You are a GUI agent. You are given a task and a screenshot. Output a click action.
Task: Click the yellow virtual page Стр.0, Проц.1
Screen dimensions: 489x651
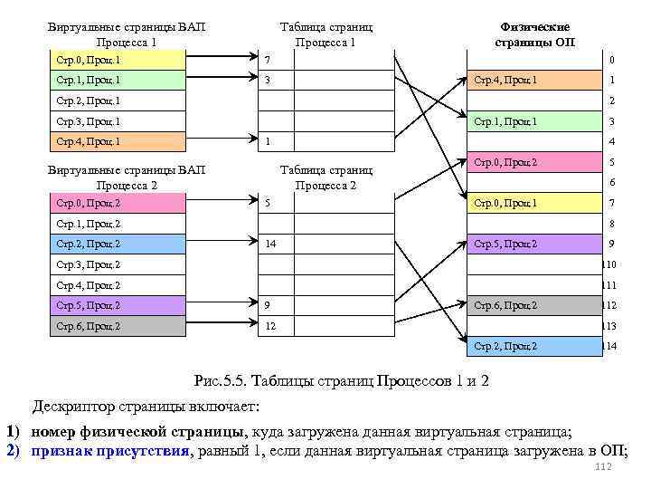[117, 60]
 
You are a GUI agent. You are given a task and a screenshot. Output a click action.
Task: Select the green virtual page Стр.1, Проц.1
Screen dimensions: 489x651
[117, 81]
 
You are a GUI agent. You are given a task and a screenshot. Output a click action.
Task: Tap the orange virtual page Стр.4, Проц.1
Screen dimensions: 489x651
[117, 141]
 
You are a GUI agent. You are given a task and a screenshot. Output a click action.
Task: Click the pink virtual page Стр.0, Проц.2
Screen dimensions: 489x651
[117, 203]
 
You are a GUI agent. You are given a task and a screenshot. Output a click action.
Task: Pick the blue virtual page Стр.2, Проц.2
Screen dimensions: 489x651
[117, 244]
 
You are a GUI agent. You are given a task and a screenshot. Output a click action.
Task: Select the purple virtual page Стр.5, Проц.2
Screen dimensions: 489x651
[117, 305]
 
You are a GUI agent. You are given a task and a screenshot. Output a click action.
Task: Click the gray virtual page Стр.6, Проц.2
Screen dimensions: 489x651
[117, 326]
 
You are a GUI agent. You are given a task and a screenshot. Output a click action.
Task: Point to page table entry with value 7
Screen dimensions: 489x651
[326, 60]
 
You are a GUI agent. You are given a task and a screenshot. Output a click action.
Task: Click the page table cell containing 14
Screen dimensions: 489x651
[326, 244]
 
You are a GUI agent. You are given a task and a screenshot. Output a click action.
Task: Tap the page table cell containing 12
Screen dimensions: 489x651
[326, 326]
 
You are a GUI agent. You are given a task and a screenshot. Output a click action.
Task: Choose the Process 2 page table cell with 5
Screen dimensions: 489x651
[326, 203]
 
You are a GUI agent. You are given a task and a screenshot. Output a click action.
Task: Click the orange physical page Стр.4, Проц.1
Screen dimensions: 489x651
[533, 81]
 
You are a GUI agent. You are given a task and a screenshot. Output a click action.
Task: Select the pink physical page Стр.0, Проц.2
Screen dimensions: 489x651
[533, 162]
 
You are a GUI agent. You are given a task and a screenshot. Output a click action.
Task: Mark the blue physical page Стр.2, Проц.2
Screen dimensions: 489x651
[533, 346]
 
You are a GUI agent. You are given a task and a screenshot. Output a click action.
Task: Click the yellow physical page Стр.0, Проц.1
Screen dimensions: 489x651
[533, 203]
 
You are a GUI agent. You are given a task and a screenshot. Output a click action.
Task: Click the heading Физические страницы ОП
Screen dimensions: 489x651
[534, 34]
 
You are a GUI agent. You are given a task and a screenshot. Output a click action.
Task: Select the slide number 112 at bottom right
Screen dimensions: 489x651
[605, 467]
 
